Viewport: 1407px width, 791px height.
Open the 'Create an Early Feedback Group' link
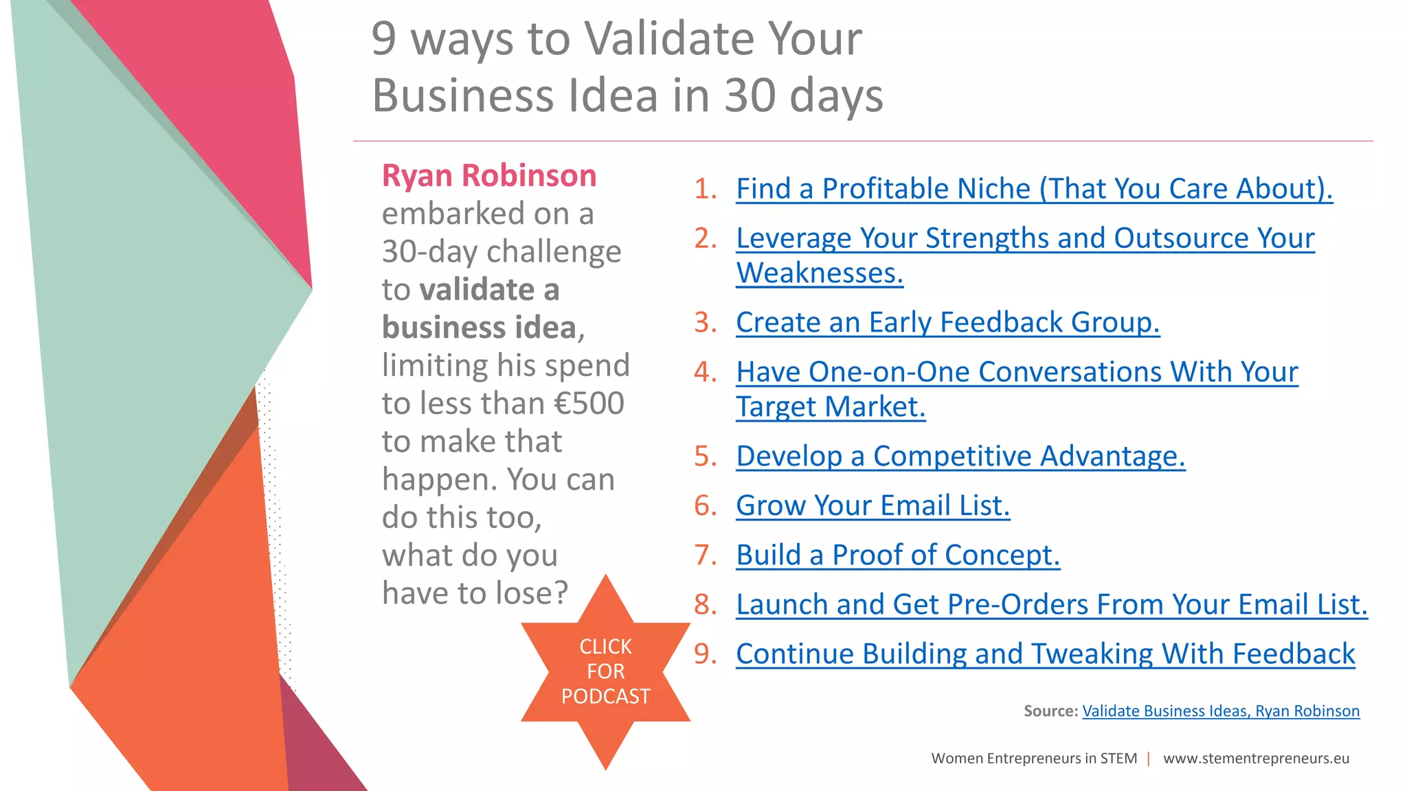tap(947, 322)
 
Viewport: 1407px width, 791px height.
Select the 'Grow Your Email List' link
tap(873, 505)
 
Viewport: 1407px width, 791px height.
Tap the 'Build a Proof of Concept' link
tap(897, 555)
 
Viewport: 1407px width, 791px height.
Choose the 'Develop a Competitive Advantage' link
tap(960, 456)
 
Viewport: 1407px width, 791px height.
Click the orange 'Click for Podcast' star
tap(605, 672)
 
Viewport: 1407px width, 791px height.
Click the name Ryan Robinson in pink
tap(488, 176)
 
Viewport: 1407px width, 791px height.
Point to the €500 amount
tap(589, 404)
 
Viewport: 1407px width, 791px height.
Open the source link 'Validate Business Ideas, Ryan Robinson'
tap(1220, 711)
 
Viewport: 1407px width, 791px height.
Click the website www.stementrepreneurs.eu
tap(1256, 759)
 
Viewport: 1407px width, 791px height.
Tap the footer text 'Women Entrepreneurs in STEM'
tap(1033, 759)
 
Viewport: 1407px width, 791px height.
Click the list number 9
tap(704, 654)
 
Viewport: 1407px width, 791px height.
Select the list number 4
tap(704, 372)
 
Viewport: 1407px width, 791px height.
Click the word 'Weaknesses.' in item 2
tap(819, 273)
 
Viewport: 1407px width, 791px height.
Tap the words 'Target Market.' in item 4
tap(830, 407)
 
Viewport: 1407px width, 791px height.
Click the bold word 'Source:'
tap(1050, 711)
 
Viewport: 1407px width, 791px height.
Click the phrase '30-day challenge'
tap(501, 252)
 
